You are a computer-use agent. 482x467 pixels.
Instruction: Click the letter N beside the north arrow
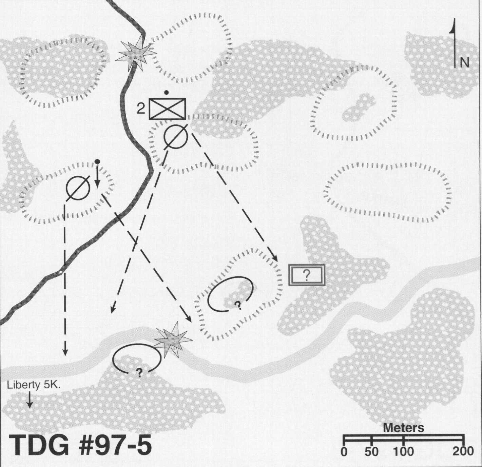pyautogui.click(x=464, y=63)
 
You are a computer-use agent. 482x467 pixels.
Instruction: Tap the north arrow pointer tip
pyautogui.click(x=455, y=19)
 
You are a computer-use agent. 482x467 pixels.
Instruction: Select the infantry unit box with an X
pyautogui.click(x=167, y=109)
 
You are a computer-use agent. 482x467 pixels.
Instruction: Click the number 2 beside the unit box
pyautogui.click(x=141, y=109)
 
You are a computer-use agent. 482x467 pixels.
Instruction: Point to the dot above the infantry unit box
pyautogui.click(x=167, y=92)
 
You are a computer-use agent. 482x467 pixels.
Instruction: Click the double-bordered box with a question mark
pyautogui.click(x=307, y=275)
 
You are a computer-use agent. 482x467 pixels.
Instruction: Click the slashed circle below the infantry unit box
pyautogui.click(x=176, y=137)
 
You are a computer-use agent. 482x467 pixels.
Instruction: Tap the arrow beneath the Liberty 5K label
pyautogui.click(x=30, y=400)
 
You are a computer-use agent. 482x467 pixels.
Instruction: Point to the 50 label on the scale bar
pyautogui.click(x=371, y=452)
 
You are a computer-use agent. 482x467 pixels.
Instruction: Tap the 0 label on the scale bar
pyautogui.click(x=344, y=452)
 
